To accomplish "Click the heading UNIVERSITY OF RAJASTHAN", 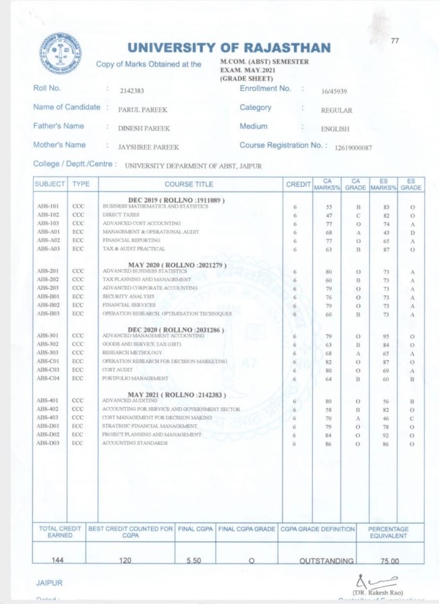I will [x=229, y=48].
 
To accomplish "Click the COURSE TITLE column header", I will [x=189, y=184].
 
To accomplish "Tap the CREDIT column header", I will [x=297, y=184].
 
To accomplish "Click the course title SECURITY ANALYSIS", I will [x=128, y=296].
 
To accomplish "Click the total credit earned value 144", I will [x=59, y=560].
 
